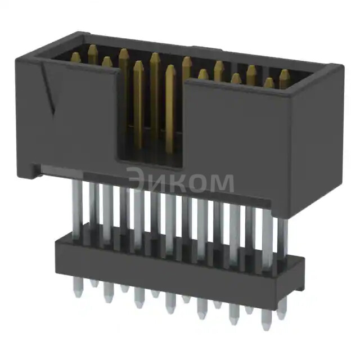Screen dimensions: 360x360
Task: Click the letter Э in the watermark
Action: (137, 182)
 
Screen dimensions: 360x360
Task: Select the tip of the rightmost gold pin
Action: (285, 73)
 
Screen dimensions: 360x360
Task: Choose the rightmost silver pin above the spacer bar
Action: (282, 231)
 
